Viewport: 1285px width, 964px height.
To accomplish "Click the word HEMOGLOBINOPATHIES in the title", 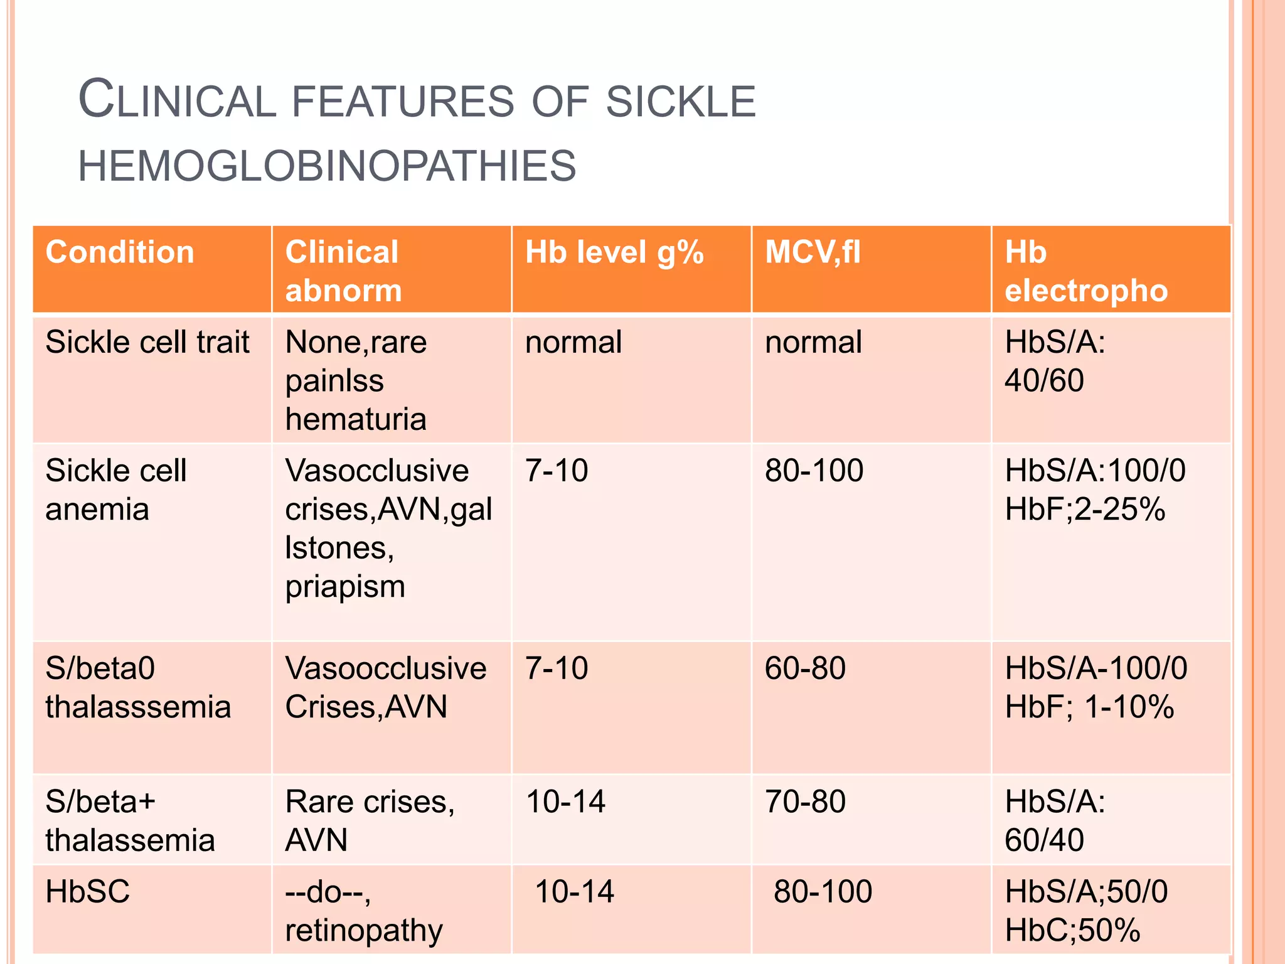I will click(327, 166).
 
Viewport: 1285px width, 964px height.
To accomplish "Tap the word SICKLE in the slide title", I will click(681, 102).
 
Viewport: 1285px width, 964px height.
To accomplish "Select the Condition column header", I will click(120, 252).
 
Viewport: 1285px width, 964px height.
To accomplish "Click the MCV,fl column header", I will click(813, 252).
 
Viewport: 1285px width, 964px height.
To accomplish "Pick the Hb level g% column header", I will click(614, 252).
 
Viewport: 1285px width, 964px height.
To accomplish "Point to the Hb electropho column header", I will click(1085, 271).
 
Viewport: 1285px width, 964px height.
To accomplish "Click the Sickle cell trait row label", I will click(147, 343).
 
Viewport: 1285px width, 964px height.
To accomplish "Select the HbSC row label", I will click(88, 892).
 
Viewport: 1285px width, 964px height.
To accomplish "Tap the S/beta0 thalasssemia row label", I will click(138, 688).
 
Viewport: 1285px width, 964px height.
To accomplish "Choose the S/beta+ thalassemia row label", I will click(130, 821).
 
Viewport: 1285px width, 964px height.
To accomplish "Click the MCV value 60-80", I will click(805, 668).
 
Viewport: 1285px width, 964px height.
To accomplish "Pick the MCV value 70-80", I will click(805, 802).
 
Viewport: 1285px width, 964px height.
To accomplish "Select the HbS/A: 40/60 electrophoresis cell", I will click(1055, 361).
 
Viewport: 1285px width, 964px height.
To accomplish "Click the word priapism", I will click(345, 587).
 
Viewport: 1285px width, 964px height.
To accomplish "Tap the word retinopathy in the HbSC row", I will click(364, 931).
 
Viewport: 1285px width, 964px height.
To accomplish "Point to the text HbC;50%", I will click(1072, 931).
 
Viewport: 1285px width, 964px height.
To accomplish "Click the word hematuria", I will click(356, 419).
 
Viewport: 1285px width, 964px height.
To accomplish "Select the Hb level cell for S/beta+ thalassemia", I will click(565, 802).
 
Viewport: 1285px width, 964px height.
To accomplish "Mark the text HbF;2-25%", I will click(1085, 509).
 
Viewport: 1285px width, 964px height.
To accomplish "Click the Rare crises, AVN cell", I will click(370, 821).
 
